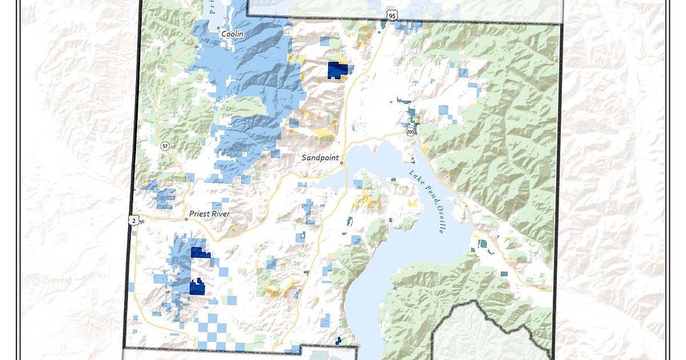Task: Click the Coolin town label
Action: pos(233,34)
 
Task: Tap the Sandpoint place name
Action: pos(320,157)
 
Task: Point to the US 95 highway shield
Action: pos(391,15)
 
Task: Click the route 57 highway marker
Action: pos(165,146)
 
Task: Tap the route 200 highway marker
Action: pos(410,132)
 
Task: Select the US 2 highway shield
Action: pos(134,221)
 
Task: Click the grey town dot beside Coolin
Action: pos(218,28)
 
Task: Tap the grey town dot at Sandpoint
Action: pos(341,163)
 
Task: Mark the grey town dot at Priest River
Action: pos(186,218)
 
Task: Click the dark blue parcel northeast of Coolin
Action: pos(337,70)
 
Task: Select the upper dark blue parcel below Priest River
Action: pos(200,253)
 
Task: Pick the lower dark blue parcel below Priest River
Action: pos(197,287)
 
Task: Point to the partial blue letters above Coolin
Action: pos(211,7)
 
